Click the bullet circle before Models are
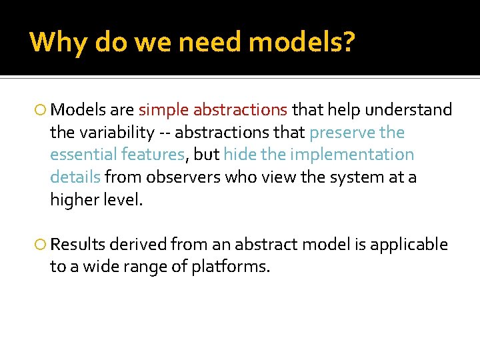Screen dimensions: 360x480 click(x=41, y=110)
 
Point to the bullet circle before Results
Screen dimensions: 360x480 click(x=41, y=245)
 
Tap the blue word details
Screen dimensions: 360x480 click(x=75, y=177)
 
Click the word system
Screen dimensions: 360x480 click(x=357, y=177)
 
